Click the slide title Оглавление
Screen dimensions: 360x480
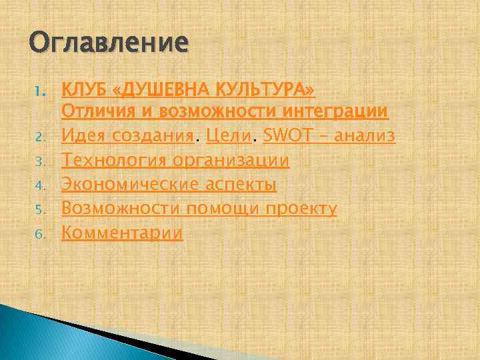tap(109, 44)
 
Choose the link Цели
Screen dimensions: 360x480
tap(231, 136)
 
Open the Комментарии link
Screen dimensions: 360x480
tap(122, 233)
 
